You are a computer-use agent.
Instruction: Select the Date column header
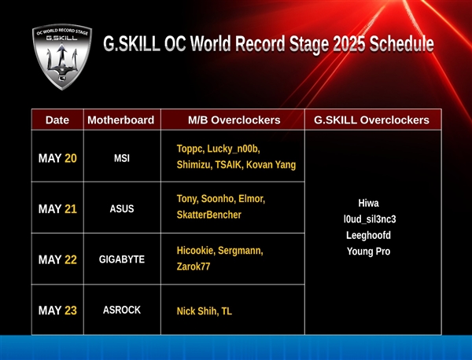(x=57, y=120)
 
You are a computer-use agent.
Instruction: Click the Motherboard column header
(x=120, y=120)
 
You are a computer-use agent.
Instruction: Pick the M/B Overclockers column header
(x=234, y=120)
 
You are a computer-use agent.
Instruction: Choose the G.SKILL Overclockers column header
(x=371, y=120)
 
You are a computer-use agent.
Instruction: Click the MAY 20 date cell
(x=57, y=158)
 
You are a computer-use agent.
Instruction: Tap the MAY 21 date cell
(x=57, y=209)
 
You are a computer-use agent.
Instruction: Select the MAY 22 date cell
(x=57, y=259)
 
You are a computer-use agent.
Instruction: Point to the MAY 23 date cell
(x=57, y=310)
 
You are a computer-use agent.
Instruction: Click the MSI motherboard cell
(x=121, y=158)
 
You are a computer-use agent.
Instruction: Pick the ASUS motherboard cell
(x=121, y=209)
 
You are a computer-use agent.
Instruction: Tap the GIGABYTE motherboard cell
(x=121, y=259)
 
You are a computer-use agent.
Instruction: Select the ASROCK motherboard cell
(x=121, y=310)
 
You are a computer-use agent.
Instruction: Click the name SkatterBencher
(x=209, y=215)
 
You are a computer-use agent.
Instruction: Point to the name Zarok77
(x=194, y=267)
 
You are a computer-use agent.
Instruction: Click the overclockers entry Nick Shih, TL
(x=205, y=311)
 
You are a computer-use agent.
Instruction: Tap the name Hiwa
(x=368, y=203)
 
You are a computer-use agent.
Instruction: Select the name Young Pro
(x=368, y=252)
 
